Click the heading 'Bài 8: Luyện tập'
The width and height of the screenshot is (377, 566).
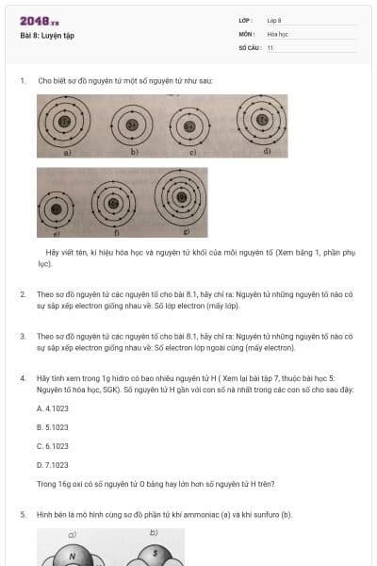[47, 36]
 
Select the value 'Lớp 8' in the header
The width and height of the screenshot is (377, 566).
[274, 20]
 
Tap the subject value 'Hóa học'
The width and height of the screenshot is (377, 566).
[277, 33]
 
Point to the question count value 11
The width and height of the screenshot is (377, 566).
[270, 46]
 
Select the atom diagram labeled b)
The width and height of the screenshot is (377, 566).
[133, 125]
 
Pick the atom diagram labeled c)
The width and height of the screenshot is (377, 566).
[190, 125]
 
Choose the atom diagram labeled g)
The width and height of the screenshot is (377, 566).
[180, 198]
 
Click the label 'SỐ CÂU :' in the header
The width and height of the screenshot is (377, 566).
[248, 46]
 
